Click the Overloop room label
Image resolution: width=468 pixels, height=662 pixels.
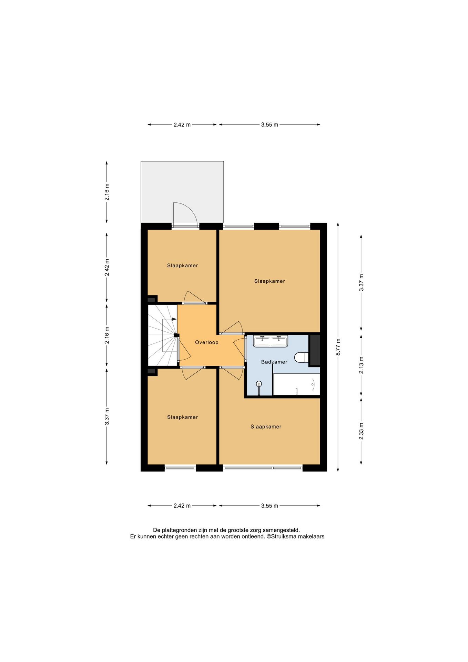[x=207, y=342]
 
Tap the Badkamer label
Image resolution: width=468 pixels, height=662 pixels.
[x=274, y=362]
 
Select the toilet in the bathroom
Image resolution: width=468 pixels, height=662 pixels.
[x=302, y=358]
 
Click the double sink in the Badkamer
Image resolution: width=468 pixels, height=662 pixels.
[x=271, y=341]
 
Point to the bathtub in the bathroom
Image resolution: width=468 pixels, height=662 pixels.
[x=296, y=384]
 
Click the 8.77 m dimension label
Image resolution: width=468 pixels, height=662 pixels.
[x=338, y=347]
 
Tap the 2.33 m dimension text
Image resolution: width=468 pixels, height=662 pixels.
[x=361, y=431]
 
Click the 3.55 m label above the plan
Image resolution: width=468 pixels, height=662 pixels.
[x=269, y=125]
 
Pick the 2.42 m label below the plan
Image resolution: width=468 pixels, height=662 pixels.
[x=182, y=506]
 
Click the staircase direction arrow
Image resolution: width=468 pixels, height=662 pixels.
[x=174, y=319]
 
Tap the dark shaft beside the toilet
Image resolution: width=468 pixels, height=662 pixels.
[x=314, y=350]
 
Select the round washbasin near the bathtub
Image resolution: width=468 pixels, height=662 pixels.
[x=259, y=384]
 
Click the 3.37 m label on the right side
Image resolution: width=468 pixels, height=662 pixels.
[x=361, y=282]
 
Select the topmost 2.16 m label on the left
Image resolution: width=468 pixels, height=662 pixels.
[x=107, y=192]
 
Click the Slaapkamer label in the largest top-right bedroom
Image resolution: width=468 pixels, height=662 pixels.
[x=269, y=281]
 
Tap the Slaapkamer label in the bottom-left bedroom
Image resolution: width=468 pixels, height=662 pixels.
[x=182, y=417]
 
